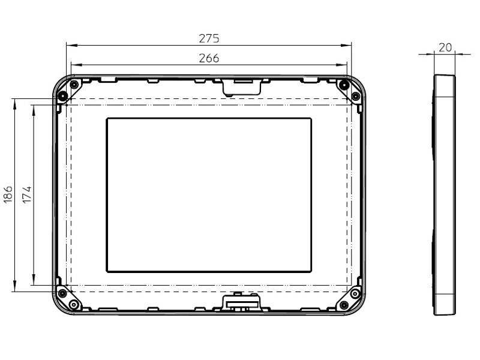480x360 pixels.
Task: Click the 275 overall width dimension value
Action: tap(209, 38)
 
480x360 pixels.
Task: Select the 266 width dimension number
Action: tap(209, 58)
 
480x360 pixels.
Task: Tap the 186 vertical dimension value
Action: tap(8, 195)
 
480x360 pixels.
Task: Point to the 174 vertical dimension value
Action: tap(28, 195)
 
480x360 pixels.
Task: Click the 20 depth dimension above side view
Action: tap(445, 47)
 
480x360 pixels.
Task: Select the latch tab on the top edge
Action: tap(242, 86)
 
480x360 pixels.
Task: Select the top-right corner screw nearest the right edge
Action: tap(355, 96)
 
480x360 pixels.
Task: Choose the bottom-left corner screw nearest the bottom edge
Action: tap(73, 305)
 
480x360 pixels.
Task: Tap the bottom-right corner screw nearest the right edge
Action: tap(355, 293)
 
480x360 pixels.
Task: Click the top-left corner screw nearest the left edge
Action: tap(62, 96)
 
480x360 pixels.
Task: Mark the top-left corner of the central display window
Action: tap(107, 119)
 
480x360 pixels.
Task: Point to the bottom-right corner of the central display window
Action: tap(311, 271)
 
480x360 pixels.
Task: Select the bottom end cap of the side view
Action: tap(445, 304)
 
